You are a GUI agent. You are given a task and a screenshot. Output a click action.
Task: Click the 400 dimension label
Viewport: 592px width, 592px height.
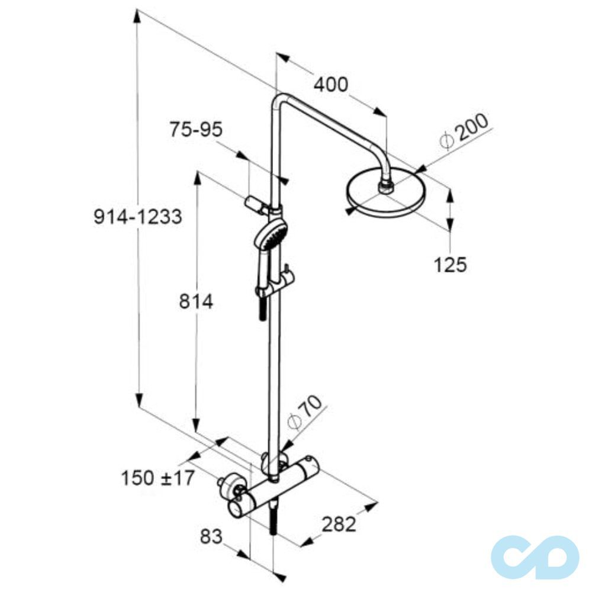pyautogui.click(x=331, y=85)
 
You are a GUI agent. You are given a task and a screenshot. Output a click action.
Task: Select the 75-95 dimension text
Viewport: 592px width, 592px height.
pyautogui.click(x=196, y=130)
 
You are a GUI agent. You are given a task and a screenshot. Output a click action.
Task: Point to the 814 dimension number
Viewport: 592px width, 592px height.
pyautogui.click(x=196, y=301)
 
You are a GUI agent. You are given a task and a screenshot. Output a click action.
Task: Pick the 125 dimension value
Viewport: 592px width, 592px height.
pyautogui.click(x=450, y=265)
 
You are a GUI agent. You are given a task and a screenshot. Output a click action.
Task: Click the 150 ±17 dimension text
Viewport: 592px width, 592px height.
pyautogui.click(x=158, y=478)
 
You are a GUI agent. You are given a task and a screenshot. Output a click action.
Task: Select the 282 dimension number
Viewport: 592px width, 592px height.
pyautogui.click(x=339, y=524)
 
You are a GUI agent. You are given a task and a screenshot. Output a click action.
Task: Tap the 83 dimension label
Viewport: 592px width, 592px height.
pyautogui.click(x=211, y=536)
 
